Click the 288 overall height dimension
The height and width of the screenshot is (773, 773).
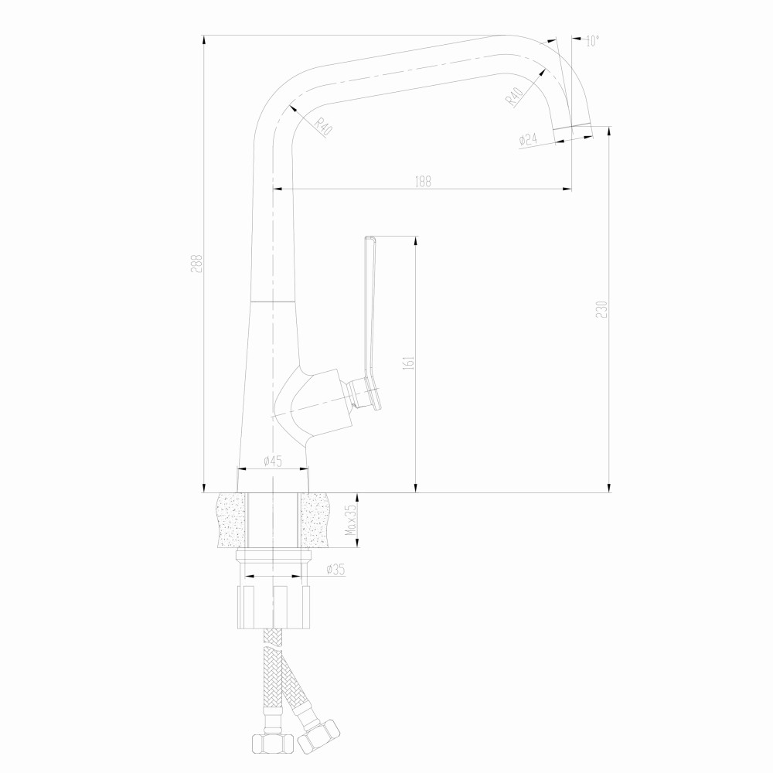197,264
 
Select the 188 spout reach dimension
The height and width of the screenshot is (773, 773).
423,182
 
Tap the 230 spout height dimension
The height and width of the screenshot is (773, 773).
603,308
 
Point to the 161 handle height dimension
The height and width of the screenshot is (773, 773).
410,362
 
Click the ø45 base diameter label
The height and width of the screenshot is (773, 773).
272,461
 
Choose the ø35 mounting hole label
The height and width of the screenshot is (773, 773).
335,570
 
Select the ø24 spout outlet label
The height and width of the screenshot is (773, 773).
528,139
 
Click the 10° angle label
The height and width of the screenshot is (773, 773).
592,42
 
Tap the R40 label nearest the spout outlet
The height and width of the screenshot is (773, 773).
515,97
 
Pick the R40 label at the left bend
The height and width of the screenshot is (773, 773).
322,127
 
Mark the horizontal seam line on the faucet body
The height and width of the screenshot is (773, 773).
274,299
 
